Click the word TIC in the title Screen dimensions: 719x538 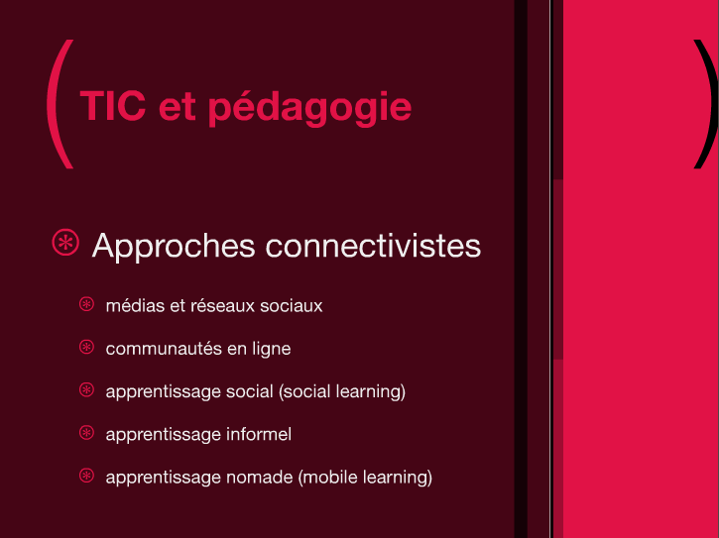coord(113,106)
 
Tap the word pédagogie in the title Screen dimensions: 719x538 coord(310,107)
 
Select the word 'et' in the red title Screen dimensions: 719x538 coord(177,108)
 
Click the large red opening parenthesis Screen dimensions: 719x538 coord(60,104)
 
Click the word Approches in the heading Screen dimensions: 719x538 coord(174,247)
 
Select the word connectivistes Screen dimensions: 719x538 coord(373,246)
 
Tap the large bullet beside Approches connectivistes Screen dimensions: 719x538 coord(65,243)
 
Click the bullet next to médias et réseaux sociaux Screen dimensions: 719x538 coord(86,304)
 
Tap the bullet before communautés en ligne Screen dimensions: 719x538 coord(86,347)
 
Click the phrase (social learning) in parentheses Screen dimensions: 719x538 coord(342,391)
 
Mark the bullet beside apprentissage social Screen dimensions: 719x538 coord(86,390)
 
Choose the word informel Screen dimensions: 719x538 coord(259,434)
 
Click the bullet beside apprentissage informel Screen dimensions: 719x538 coord(86,433)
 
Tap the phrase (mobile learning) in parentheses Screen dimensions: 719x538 coord(366,478)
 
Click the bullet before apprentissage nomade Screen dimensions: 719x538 coord(86,476)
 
